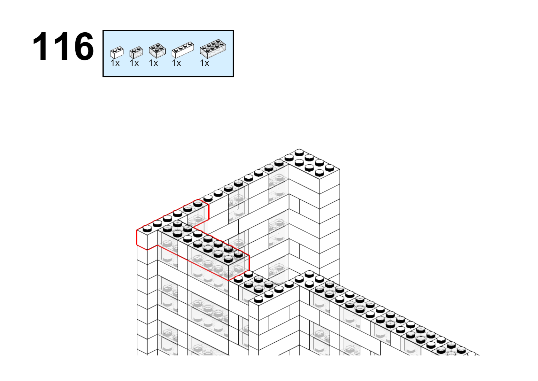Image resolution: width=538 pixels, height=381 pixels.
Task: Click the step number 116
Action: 63,46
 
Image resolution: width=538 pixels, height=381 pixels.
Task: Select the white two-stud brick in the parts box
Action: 117,52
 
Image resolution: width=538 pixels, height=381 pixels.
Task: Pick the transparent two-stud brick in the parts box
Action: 136,52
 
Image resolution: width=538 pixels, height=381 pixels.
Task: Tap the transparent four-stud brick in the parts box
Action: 157,51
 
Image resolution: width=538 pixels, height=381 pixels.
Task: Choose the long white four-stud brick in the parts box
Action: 183,50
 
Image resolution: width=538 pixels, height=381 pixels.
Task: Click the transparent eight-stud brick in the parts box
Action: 213,49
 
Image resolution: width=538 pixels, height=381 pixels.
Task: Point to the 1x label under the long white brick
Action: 176,63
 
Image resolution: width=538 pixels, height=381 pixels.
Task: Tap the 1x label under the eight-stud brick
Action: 205,63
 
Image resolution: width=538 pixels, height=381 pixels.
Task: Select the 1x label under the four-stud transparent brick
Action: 153,63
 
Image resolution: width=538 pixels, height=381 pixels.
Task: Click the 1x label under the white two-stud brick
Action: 115,63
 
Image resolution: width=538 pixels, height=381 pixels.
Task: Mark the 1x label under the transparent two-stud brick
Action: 134,63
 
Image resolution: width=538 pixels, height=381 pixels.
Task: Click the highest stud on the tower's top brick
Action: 299,152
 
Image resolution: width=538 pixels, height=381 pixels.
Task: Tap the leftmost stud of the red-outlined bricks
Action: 147,229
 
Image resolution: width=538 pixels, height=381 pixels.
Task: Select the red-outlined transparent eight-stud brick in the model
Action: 219,258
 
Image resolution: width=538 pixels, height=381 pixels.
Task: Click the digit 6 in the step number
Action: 84,46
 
